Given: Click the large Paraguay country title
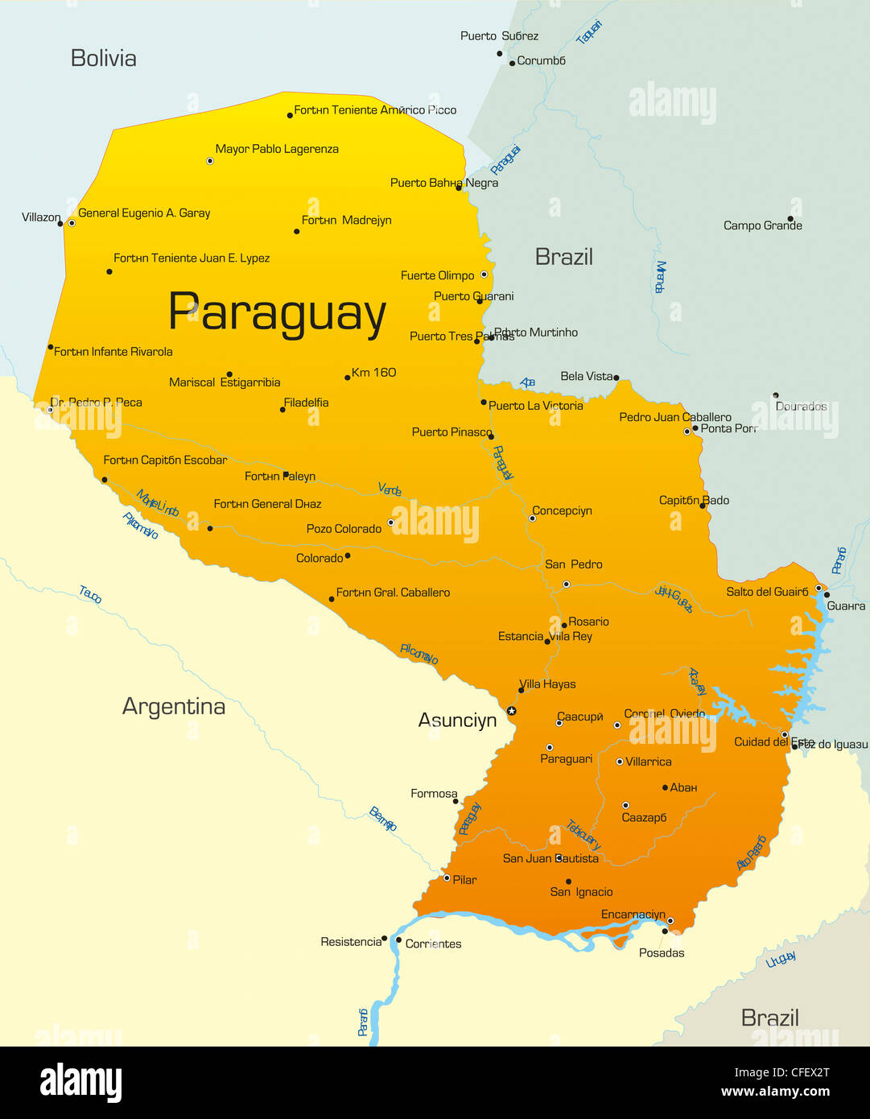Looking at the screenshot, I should click(x=277, y=313).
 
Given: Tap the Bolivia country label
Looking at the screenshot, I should click(x=103, y=58).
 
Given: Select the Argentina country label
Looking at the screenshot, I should click(x=173, y=706).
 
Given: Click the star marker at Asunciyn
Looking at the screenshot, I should click(x=511, y=711).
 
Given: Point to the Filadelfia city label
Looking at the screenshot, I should click(x=306, y=403).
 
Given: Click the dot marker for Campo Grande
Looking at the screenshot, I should click(x=790, y=218).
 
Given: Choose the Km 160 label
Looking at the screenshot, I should click(x=374, y=372).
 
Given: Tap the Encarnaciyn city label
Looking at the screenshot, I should click(x=633, y=915).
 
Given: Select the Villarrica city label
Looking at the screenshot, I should click(x=649, y=762).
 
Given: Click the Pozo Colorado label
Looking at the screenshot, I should click(x=344, y=529).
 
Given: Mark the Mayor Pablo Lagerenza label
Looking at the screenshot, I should click(x=277, y=149).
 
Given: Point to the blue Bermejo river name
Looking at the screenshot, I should click(x=383, y=818).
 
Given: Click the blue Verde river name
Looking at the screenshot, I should click(x=390, y=489).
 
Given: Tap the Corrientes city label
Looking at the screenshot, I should click(x=433, y=944).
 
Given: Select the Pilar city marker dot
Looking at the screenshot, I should click(x=447, y=878).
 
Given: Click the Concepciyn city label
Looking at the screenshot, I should click(x=562, y=510).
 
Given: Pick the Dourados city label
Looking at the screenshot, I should click(x=801, y=407).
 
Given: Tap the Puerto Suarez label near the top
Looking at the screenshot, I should click(x=499, y=36).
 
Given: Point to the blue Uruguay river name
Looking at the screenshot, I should click(x=781, y=959).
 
